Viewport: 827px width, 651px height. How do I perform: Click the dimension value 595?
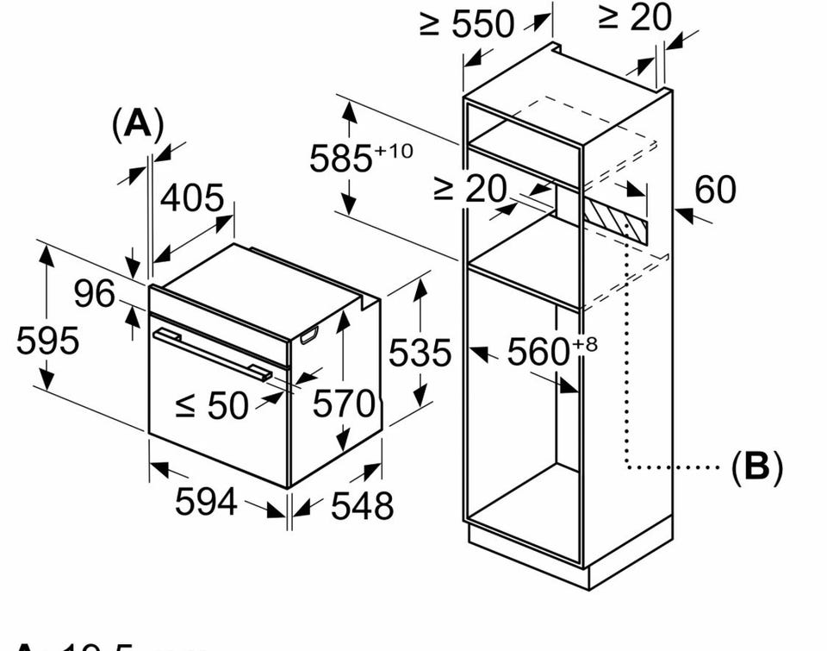[47, 341]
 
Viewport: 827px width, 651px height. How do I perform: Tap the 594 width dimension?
[205, 501]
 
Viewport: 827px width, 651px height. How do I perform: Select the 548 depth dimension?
[362, 505]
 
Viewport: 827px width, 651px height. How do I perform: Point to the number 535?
[420, 354]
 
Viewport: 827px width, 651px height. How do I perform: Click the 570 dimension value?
[344, 404]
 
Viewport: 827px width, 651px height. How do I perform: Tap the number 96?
[94, 294]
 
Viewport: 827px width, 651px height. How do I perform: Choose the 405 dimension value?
[193, 199]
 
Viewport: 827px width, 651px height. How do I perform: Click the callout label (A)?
[137, 126]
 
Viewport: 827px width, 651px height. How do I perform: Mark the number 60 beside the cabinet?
[715, 190]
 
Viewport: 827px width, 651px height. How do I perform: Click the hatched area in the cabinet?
[616, 216]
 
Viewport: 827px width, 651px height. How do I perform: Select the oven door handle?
[211, 353]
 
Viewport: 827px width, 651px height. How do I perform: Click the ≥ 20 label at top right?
[634, 17]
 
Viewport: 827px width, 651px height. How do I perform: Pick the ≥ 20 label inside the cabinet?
[470, 189]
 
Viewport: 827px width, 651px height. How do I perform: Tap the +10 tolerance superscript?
[395, 151]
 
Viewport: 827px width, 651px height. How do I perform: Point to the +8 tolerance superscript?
[584, 345]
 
